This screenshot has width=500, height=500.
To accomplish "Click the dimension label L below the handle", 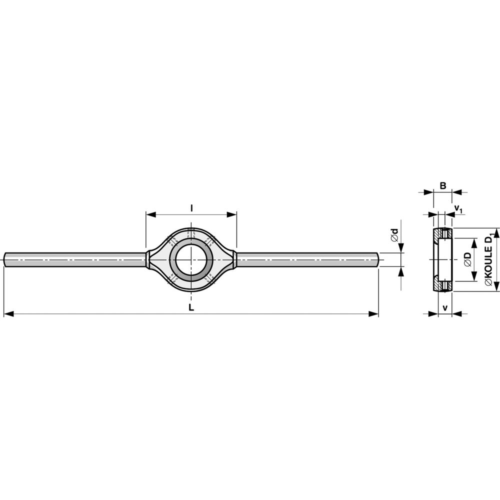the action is [x=191, y=307].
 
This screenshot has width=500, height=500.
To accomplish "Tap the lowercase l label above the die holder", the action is [x=191, y=208].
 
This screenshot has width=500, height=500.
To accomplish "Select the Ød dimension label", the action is [x=395, y=235].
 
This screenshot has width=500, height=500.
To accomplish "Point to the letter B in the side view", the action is [x=443, y=185].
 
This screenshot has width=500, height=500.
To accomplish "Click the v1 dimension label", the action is [x=458, y=209].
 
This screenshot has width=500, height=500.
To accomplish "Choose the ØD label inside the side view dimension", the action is [x=468, y=259].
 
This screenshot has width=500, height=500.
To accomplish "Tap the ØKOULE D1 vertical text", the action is [x=489, y=259].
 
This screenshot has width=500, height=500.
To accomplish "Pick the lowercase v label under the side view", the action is [x=445, y=308].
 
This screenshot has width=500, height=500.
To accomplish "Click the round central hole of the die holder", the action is [x=191, y=259].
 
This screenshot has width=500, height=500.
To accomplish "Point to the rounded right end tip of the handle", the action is [x=378, y=259].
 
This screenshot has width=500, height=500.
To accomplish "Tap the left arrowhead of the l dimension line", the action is [x=151, y=215].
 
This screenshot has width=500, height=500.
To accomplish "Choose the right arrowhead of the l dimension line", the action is [x=231, y=215].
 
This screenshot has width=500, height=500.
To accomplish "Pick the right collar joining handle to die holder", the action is [x=234, y=259].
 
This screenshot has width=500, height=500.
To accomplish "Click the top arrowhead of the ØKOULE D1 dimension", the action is [x=495, y=233].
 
